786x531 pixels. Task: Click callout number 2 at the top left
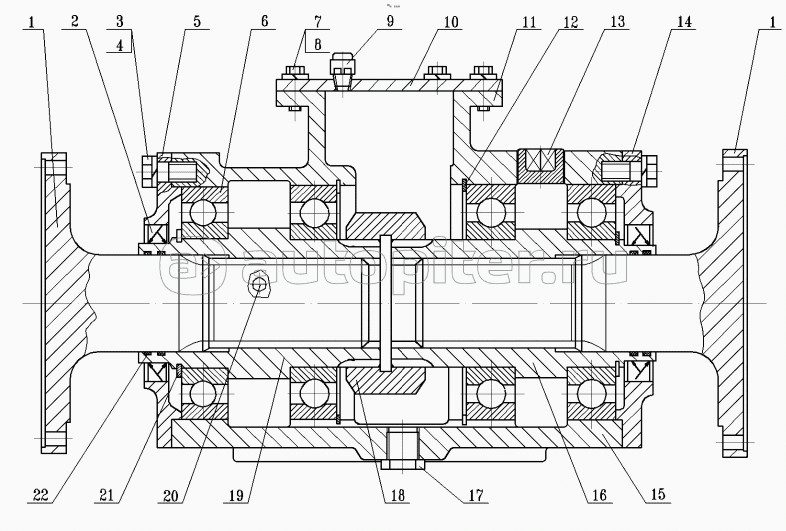[74, 22]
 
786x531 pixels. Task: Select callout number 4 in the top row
[119, 45]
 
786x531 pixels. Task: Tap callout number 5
[197, 22]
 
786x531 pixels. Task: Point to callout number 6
[264, 21]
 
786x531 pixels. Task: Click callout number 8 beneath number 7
[318, 44]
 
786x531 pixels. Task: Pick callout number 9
[390, 21]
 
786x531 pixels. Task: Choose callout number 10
[450, 22]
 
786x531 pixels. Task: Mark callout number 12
[570, 22]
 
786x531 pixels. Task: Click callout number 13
[617, 22]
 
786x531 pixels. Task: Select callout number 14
[684, 22]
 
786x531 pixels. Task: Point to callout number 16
[599, 495]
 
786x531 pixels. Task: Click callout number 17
[476, 495]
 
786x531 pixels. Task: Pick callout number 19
[236, 495]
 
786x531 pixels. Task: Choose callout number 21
[106, 495]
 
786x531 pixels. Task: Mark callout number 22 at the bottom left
[40, 495]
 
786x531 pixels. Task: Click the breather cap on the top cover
[342, 65]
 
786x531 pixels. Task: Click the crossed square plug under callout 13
[541, 166]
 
